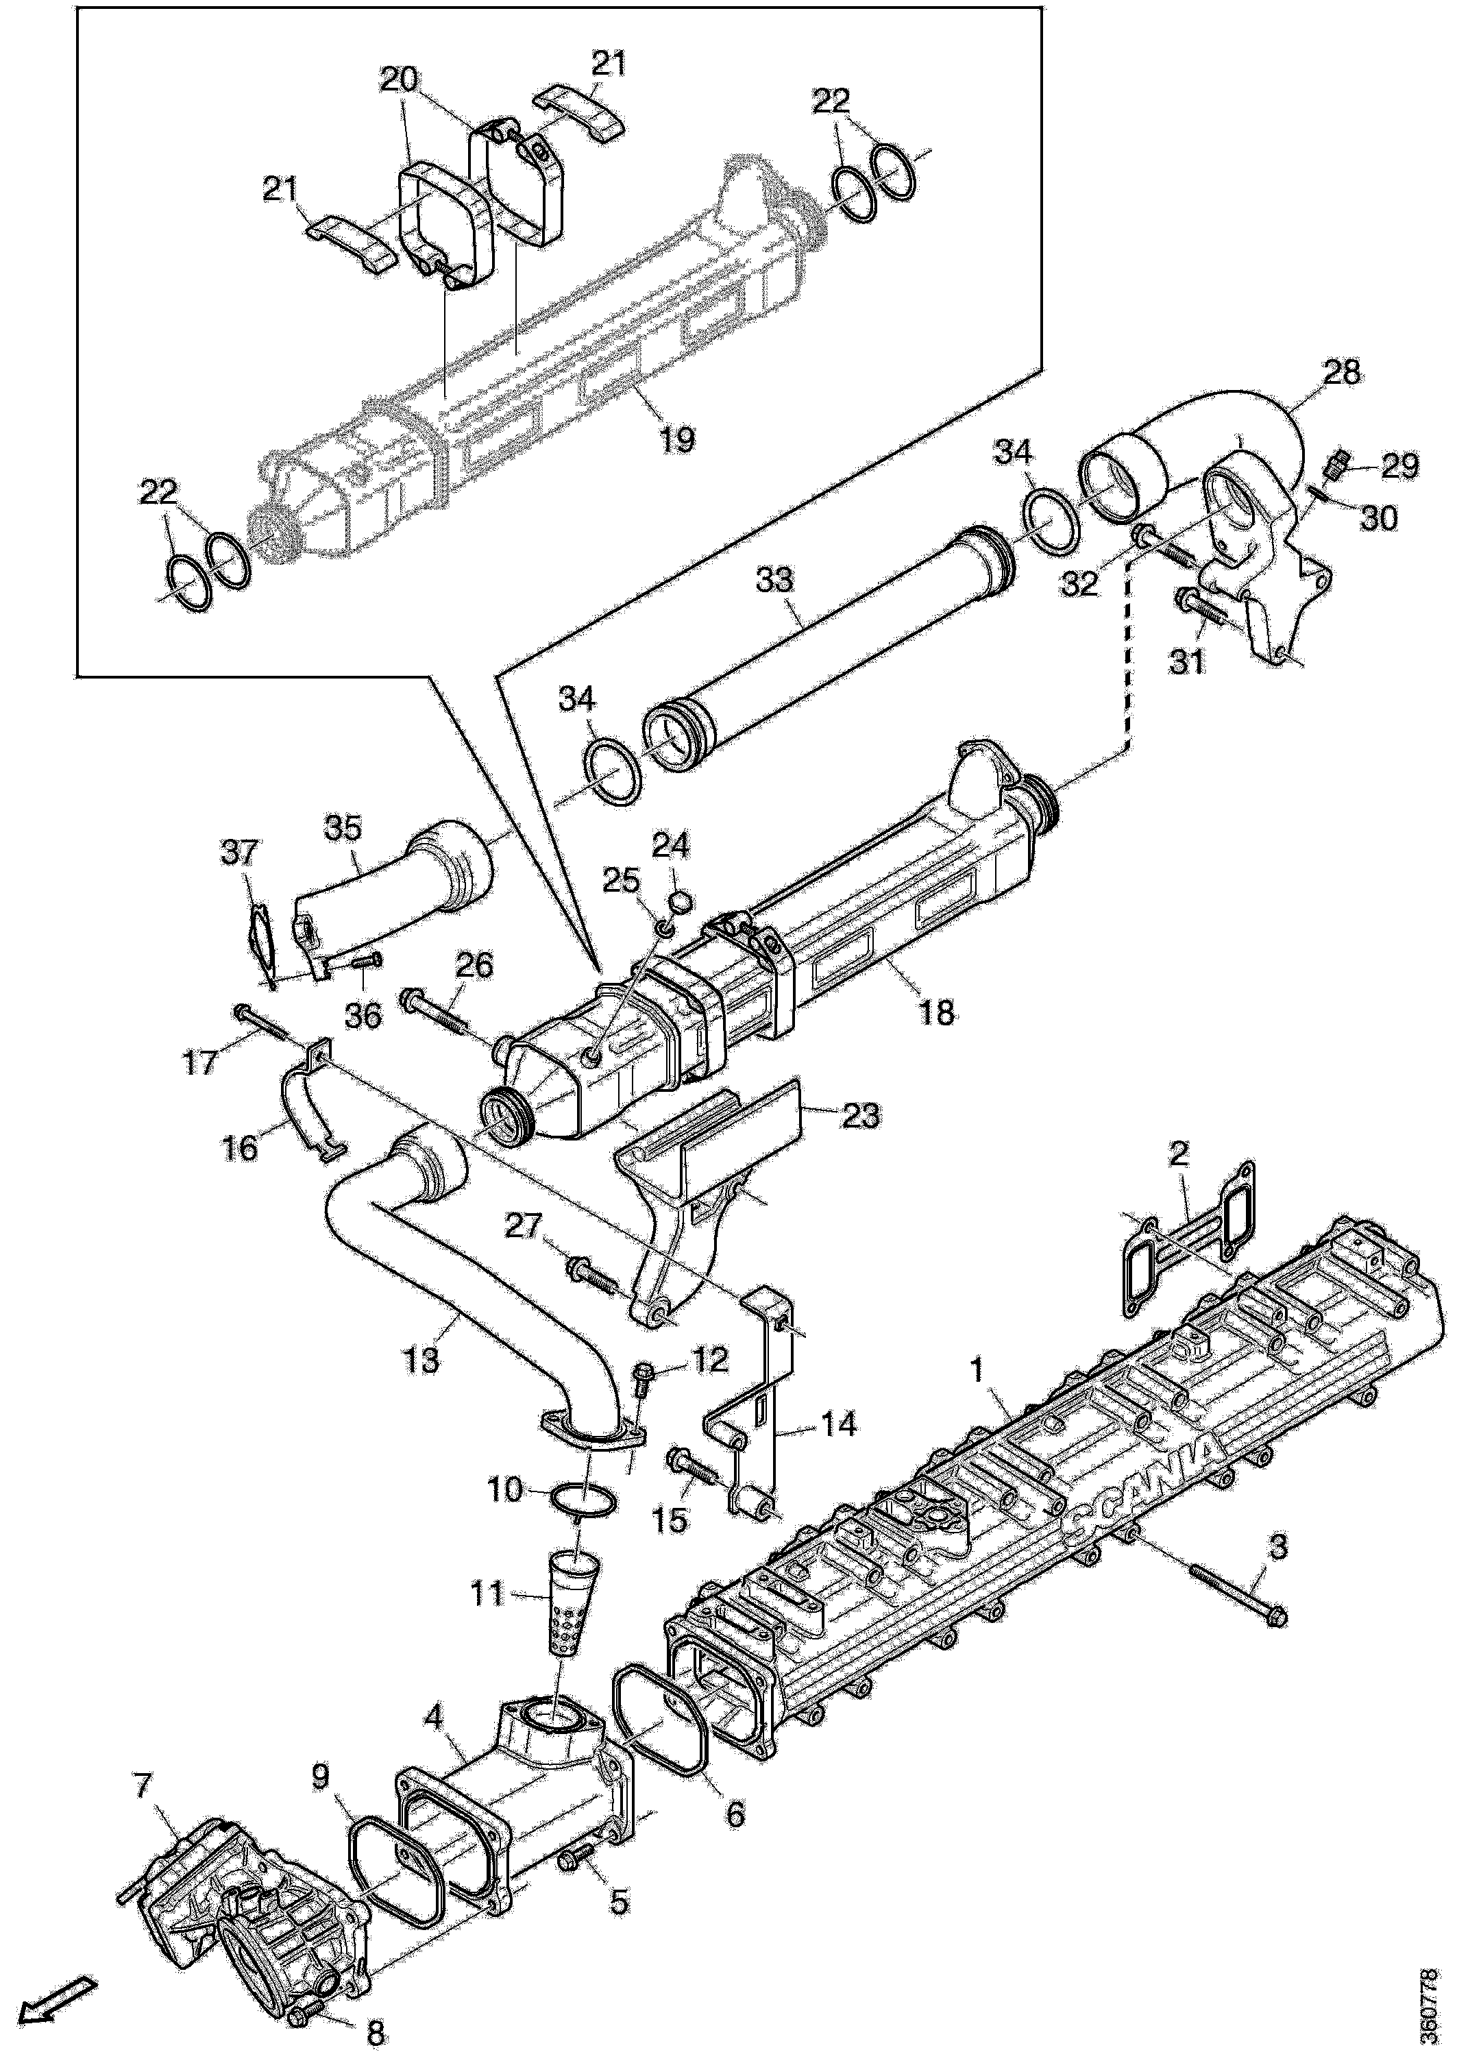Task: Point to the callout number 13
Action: pos(422,1360)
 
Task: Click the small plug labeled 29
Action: pos(1335,467)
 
